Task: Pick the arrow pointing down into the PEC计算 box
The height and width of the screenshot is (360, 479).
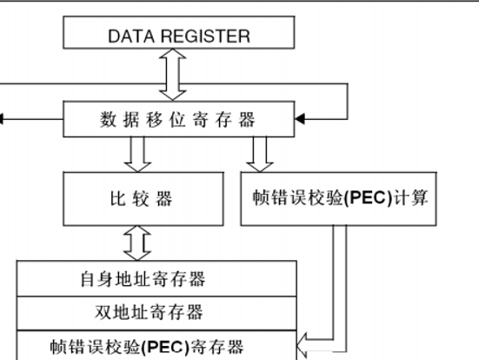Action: pyautogui.click(x=257, y=153)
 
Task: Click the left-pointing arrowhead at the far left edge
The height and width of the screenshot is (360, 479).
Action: pyautogui.click(x=4, y=118)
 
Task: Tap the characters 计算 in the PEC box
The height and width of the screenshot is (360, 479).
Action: pyautogui.click(x=414, y=198)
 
